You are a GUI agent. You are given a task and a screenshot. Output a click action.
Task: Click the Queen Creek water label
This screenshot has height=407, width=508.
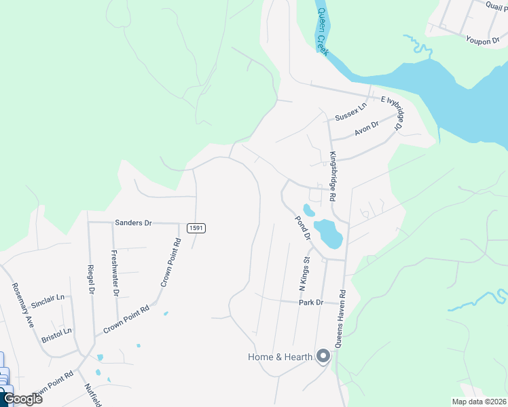(322, 33)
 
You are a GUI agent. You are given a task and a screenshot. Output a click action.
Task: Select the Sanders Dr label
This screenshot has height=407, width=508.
(134, 222)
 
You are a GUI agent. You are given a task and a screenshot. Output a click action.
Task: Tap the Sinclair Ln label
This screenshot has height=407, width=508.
(48, 297)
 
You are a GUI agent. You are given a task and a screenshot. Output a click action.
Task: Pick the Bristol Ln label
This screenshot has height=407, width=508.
(56, 332)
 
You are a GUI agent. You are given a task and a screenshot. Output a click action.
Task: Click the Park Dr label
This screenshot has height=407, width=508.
(310, 303)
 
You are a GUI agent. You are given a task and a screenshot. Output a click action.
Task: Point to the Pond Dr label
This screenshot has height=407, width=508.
(302, 229)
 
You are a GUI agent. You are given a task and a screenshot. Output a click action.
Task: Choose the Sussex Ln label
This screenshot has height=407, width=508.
(350, 111)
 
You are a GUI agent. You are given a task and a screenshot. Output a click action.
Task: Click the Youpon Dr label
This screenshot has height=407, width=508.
(482, 40)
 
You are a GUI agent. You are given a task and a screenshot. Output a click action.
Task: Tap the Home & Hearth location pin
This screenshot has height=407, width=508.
(323, 356)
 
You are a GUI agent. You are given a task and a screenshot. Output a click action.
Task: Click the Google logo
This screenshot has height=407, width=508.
(22, 399)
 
